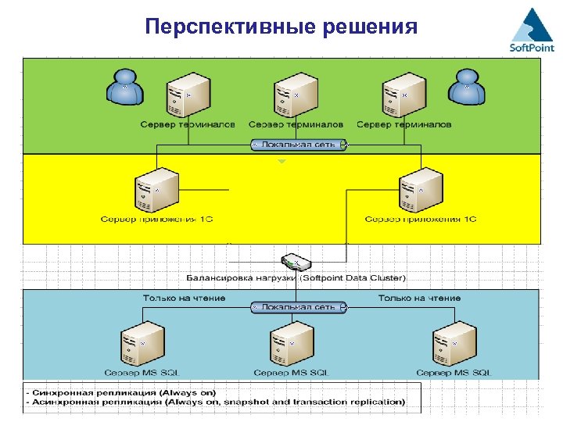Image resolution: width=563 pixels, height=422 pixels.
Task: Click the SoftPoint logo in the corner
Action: coord(532,30)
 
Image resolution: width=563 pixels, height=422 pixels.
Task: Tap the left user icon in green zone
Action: coord(125,86)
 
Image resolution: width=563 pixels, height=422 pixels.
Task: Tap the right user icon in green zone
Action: coord(467,86)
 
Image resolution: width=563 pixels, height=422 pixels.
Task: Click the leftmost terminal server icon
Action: coord(188,95)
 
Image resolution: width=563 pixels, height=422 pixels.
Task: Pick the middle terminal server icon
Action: coord(295,95)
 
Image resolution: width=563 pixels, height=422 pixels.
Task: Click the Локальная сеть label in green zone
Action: coord(298,145)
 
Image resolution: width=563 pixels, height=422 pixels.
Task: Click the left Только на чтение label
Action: coord(184,298)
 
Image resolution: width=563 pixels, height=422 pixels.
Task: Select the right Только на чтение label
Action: coord(419,298)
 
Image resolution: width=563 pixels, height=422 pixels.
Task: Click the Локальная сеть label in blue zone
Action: coord(298,307)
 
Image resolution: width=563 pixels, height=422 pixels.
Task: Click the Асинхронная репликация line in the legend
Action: coord(215,402)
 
